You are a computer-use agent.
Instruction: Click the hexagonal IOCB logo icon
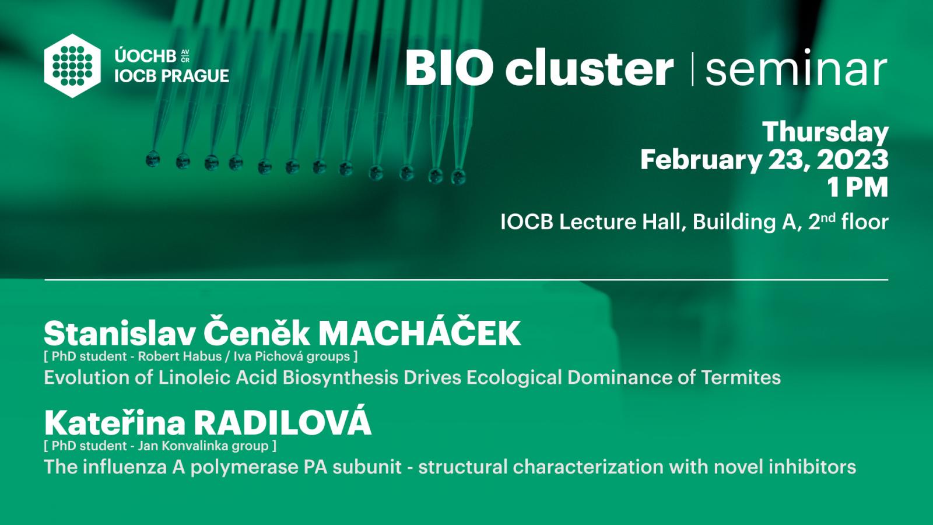72,66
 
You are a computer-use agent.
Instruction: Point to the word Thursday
826,132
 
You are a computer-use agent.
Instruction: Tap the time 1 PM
857,187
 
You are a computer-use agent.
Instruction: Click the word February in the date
700,160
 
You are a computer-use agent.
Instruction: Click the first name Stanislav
120,334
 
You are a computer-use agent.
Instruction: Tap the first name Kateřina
114,422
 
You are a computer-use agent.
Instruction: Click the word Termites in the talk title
741,377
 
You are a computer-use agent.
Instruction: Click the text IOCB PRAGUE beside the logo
171,76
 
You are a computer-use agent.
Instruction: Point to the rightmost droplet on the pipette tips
458,176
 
